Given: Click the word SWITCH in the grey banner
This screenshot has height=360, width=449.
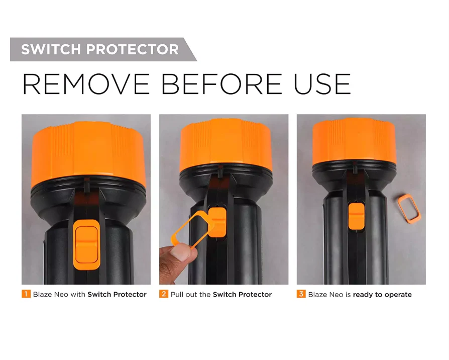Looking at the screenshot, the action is [x=51, y=49].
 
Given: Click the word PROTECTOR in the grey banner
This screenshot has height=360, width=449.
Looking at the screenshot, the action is [x=133, y=49].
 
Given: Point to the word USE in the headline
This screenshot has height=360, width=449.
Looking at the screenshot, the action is [x=322, y=84].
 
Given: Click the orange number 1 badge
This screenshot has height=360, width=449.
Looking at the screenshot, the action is [x=26, y=294].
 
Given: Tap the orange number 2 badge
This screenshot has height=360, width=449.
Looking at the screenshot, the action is [x=164, y=294].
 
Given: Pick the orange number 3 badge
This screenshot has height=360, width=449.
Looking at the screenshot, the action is [x=301, y=294].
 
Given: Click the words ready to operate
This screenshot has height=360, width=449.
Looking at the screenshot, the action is [x=382, y=295].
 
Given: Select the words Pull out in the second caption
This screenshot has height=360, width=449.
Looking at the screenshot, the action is [x=181, y=294].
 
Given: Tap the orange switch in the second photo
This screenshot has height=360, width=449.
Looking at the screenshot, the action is [x=217, y=222].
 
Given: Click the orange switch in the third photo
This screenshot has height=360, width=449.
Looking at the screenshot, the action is [x=356, y=216].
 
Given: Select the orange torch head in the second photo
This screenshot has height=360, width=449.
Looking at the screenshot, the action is [x=226, y=145].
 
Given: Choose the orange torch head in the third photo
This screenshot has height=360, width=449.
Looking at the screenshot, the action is [x=354, y=141].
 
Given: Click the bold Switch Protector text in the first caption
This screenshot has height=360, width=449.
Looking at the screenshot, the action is [x=117, y=294].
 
